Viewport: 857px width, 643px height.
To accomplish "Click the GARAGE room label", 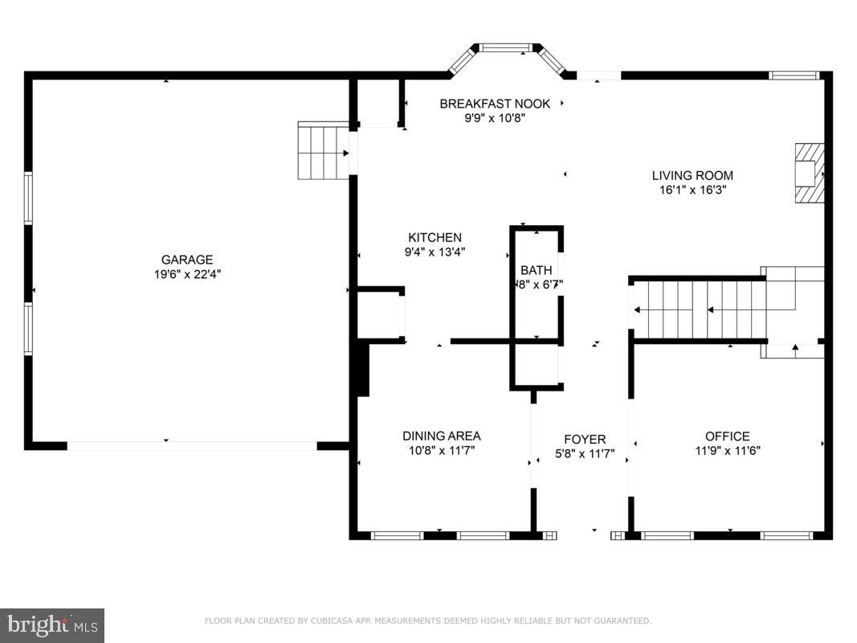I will [x=187, y=260].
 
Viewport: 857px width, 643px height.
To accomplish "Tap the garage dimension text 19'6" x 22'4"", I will [x=187, y=274].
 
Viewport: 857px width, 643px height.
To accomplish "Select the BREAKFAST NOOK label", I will [x=495, y=104].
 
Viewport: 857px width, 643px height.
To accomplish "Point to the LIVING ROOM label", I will [x=692, y=175].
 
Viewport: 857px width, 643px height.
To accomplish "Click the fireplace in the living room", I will [x=809, y=174].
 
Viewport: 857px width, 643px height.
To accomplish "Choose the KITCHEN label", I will [x=435, y=237].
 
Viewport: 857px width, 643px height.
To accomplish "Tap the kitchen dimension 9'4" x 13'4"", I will [x=435, y=252].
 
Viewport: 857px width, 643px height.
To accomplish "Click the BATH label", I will [x=536, y=270].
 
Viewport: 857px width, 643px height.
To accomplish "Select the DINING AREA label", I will [x=441, y=436].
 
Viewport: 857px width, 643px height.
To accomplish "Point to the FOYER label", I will [x=584, y=439].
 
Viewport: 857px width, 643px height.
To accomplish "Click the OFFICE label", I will [x=728, y=436].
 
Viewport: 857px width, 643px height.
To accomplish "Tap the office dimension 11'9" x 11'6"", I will [x=728, y=450].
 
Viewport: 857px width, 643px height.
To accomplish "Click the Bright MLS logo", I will [x=52, y=625].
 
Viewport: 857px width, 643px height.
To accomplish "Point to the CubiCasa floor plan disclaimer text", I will [x=428, y=620].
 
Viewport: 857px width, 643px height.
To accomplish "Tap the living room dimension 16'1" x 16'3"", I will [x=692, y=190].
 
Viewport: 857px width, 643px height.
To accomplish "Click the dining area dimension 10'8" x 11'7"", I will [x=441, y=450].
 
